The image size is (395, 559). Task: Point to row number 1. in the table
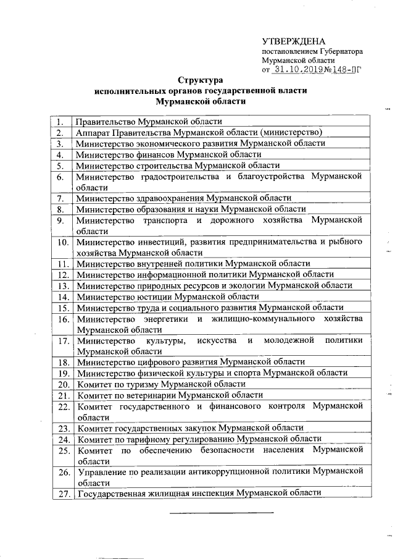[x=60, y=122]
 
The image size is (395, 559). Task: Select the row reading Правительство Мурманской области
[x=148, y=122]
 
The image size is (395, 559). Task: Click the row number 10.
[x=61, y=243]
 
